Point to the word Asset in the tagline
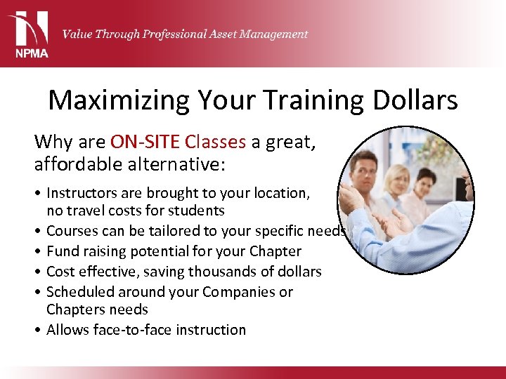[222, 34]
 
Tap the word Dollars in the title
[414, 100]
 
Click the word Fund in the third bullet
[62, 251]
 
